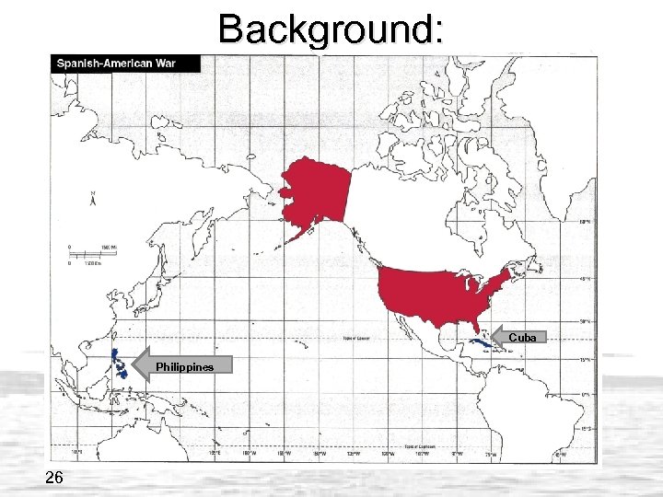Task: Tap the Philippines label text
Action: (184, 367)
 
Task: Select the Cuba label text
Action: (521, 338)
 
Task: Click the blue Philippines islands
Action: (119, 365)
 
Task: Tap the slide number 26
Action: (52, 476)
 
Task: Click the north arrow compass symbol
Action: (91, 198)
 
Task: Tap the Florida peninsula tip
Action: (476, 330)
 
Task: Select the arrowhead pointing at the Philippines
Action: (142, 366)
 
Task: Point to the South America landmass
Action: (543, 414)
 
